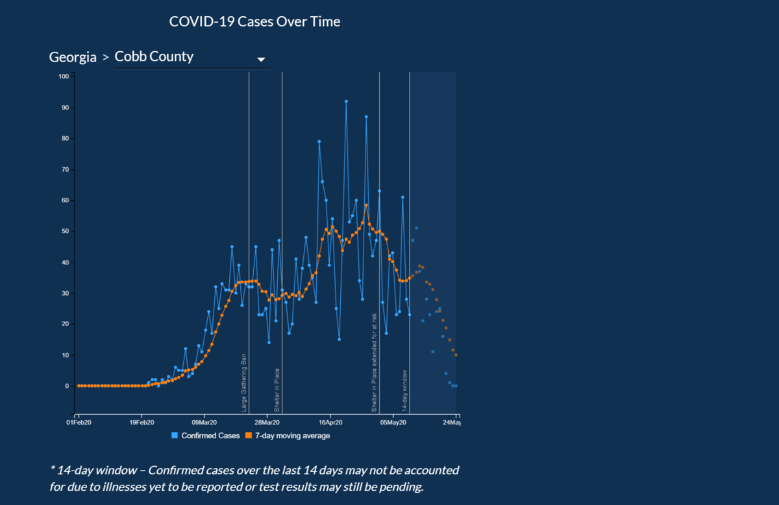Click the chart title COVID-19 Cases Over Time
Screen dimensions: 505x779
(254, 21)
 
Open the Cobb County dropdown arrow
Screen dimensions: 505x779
(261, 59)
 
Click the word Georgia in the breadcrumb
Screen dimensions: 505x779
(73, 57)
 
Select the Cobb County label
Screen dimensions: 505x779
(154, 56)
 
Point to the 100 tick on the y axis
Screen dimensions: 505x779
(64, 76)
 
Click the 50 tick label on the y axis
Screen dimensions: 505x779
(65, 231)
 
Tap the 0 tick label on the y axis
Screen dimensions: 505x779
(66, 386)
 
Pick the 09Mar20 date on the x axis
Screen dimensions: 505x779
(205, 423)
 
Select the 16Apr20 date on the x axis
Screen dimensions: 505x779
(330, 423)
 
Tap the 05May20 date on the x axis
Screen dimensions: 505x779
(393, 423)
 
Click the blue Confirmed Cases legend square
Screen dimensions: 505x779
(175, 436)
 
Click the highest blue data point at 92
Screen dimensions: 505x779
(346, 101)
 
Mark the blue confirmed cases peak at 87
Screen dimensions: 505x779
(366, 117)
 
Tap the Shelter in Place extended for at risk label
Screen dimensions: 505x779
(375, 362)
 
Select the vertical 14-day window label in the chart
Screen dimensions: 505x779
(404, 391)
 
